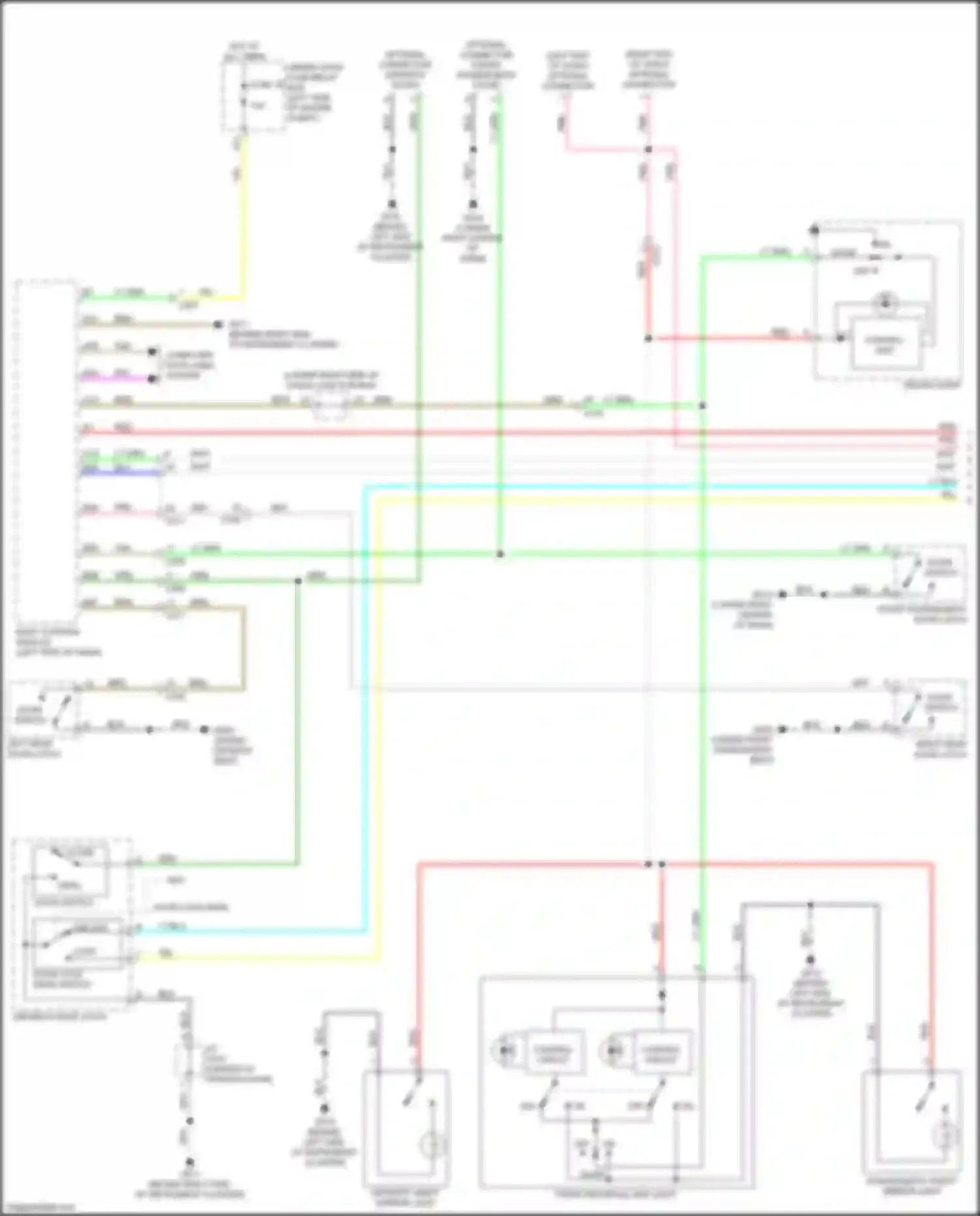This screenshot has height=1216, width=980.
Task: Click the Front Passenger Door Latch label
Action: (x=921, y=614)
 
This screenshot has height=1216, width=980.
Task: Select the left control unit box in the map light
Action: (x=555, y=1051)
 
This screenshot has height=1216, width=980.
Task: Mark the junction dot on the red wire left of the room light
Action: (x=648, y=338)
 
